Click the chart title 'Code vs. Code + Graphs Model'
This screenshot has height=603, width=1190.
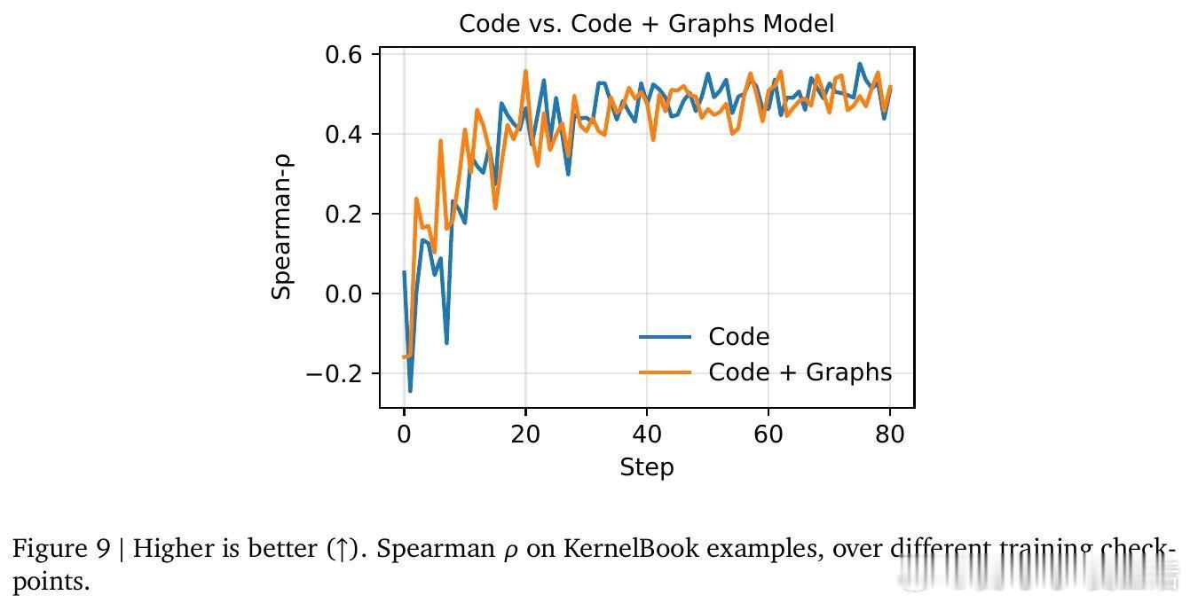click(x=646, y=24)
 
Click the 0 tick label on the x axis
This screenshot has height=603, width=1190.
click(x=404, y=434)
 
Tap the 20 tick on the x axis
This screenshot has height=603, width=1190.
click(x=525, y=434)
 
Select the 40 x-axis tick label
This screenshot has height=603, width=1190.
click(x=647, y=434)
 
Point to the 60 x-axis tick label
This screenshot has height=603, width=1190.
click(x=768, y=434)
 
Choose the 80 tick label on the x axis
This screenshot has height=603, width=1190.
click(x=890, y=434)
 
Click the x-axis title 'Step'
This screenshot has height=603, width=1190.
click(x=646, y=467)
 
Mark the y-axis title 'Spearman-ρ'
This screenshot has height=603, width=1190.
click(x=282, y=228)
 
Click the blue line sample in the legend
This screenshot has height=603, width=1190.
click(x=665, y=337)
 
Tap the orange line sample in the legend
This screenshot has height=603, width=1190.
click(x=665, y=372)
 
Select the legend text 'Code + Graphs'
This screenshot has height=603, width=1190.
click(x=800, y=372)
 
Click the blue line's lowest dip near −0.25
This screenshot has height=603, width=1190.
click(x=410, y=390)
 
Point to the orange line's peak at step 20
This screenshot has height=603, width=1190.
click(x=525, y=72)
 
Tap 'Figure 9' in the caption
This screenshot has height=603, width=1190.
click(x=61, y=549)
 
